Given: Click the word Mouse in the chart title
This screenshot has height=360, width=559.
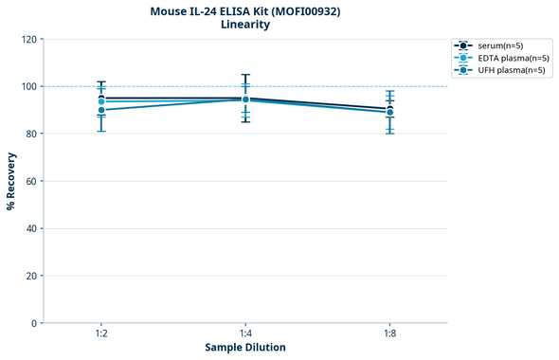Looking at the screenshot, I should coord(171,11).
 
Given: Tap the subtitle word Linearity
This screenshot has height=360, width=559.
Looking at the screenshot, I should coord(244,26).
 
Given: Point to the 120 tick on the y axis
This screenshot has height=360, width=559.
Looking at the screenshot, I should coord(28,39).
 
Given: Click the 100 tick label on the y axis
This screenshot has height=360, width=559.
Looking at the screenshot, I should coord(28,86).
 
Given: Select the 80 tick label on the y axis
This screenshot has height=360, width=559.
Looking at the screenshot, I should coord(31,134).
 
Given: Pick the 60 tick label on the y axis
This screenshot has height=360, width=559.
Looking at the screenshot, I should coord(31,181).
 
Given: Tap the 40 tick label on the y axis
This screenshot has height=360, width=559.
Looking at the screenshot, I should coord(31,228).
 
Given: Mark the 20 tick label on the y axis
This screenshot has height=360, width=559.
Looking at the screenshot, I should coord(31,276).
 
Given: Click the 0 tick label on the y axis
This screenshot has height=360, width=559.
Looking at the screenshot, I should coord(34,323).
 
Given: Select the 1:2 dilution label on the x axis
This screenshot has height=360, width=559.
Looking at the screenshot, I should coord(100,334).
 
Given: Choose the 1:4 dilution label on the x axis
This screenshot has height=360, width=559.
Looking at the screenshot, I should coord(245,334).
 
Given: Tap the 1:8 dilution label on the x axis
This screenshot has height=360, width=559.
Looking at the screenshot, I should coord(390,334).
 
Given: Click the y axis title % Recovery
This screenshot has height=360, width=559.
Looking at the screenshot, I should coord(11,180).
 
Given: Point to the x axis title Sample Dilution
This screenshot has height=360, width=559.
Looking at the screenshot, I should coord(245,348).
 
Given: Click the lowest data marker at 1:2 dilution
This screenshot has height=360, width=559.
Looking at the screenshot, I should coord(101,110).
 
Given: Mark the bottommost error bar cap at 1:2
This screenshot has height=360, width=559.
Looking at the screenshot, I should coord(101,131).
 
